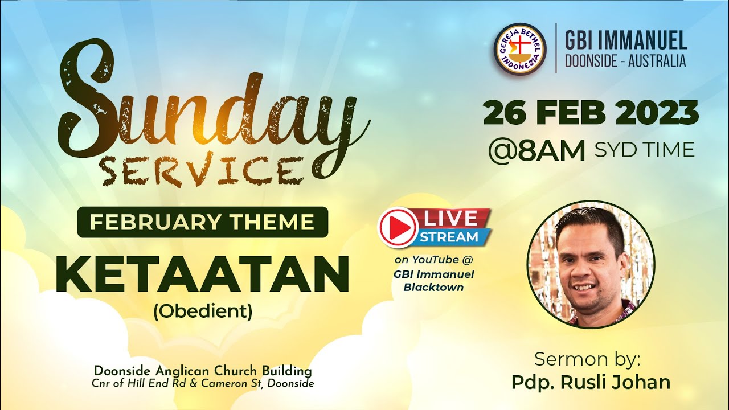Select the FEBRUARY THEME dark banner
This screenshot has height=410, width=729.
coord(202,222)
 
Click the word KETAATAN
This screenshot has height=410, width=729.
coord(202,274)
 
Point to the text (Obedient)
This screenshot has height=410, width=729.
coord(202,311)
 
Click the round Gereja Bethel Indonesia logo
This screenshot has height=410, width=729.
coord(520,49)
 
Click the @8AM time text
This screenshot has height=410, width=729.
coord(536,151)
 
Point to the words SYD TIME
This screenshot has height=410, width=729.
coord(644,150)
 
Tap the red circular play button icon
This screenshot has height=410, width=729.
coord(398,227)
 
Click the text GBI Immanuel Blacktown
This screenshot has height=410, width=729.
coord(433,280)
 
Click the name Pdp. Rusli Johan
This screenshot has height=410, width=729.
coord(591,382)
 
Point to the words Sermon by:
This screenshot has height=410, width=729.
coord(588,359)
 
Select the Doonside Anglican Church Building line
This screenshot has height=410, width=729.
coord(203,372)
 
